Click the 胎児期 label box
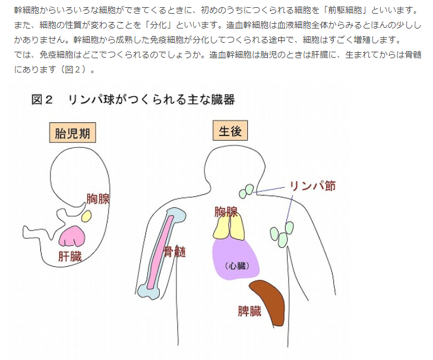coord(72,133)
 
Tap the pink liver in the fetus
coord(74,236)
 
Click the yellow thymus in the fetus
coord(87,214)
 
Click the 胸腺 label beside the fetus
coord(98,198)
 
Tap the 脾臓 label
coord(249,311)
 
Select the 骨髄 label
coord(175,251)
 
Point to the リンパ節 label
coord(312,185)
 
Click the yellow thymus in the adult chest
coord(229,227)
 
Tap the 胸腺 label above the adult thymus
coord(226,211)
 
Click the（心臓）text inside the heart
coord(236,266)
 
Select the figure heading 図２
coord(42,100)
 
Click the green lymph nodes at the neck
coord(246,190)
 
